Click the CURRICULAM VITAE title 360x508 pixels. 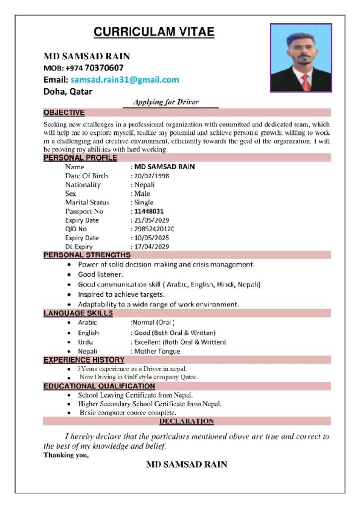(x=154, y=32)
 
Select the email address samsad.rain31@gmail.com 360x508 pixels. (x=125, y=79)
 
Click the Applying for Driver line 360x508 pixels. (x=166, y=102)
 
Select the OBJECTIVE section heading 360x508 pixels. (x=64, y=113)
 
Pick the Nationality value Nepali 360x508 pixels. (x=144, y=185)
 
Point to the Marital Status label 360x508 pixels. (x=87, y=202)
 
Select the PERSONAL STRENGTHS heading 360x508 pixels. (x=87, y=255)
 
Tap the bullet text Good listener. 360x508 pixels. (x=101, y=274)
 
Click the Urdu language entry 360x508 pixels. (x=85, y=342)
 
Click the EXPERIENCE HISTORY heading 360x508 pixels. (x=84, y=360)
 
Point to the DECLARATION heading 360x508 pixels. (x=187, y=421)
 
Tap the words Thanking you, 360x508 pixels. (x=66, y=454)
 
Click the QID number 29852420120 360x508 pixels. (x=154, y=229)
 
